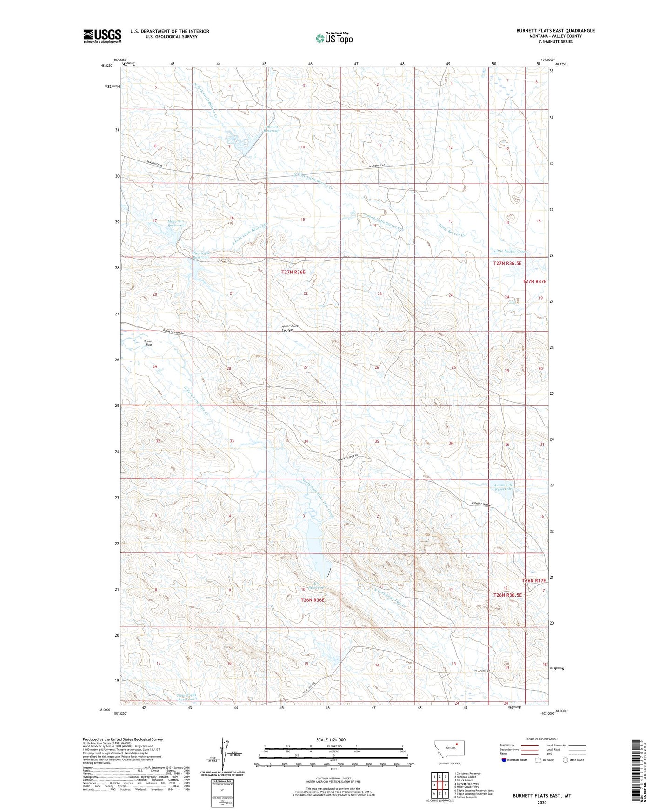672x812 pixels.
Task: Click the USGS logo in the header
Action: (102, 36)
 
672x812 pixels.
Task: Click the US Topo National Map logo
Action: (334, 38)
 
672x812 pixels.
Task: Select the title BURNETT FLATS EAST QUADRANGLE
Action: (555, 31)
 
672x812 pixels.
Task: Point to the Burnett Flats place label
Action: (149, 343)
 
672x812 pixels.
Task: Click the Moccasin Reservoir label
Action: (176, 223)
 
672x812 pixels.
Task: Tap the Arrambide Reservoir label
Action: (503, 487)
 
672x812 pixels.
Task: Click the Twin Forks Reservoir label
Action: (180, 697)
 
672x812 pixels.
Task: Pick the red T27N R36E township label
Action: (293, 272)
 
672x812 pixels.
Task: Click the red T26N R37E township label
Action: (533, 581)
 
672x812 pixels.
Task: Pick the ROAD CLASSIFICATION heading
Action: (542, 739)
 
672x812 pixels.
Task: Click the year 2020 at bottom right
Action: (541, 802)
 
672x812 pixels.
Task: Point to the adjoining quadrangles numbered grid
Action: (439, 784)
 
